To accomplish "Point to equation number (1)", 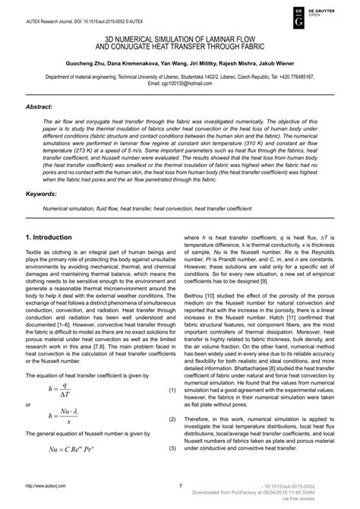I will (x=172, y=390).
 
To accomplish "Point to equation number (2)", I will (x=172, y=418).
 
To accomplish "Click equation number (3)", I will (x=172, y=448).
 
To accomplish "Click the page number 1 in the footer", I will (x=181, y=486).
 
